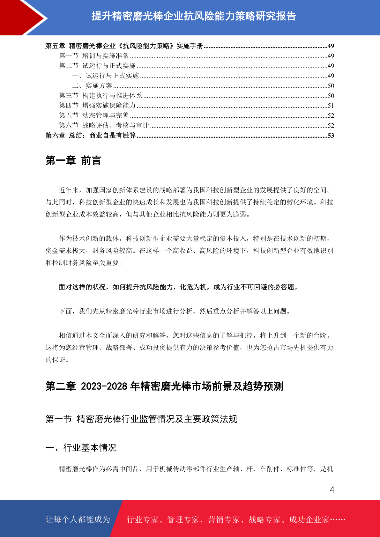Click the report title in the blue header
tap(194, 16)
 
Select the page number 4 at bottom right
tap(332, 489)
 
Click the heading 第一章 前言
tap(73, 160)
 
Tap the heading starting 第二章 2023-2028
tap(164, 386)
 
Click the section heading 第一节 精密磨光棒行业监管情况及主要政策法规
tap(141, 419)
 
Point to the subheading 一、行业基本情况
tap(81, 448)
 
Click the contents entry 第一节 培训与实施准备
tap(94, 56)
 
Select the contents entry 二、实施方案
tap(92, 86)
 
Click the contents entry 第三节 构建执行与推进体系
tap(101, 96)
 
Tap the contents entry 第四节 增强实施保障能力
tap(97, 106)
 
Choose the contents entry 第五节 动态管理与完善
tap(94, 115)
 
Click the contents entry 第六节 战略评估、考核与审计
tap(104, 125)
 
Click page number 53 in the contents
tap(331, 136)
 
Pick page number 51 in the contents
tap(331, 106)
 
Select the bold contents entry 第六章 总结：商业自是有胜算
tap(91, 136)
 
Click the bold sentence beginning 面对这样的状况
tap(179, 287)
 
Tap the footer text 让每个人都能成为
tap(78, 519)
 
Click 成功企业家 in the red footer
tap(309, 519)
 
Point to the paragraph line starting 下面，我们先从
tap(175, 311)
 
